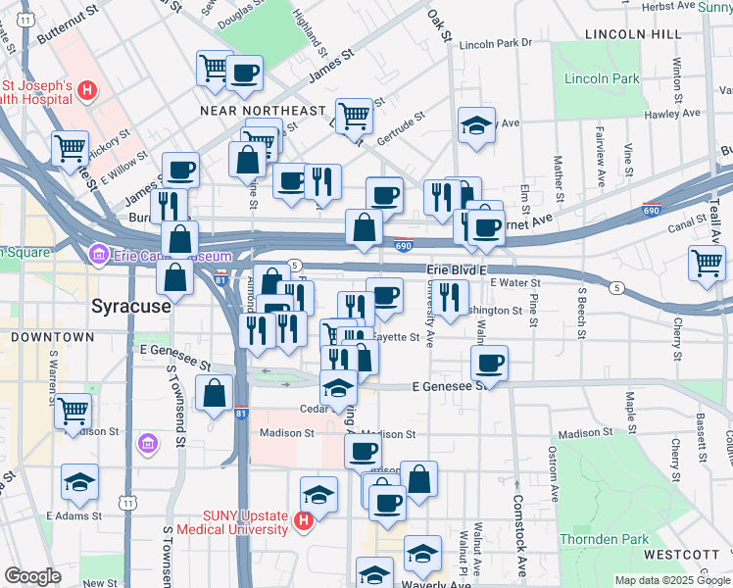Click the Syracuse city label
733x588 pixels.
(x=131, y=305)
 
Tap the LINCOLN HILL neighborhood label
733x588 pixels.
(x=632, y=33)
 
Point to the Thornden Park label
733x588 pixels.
(x=604, y=539)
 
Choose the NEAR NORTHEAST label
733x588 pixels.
(x=262, y=111)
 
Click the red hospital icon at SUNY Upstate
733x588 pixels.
(x=304, y=519)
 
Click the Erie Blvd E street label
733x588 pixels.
(x=457, y=269)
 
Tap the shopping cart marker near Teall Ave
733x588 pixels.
(x=707, y=264)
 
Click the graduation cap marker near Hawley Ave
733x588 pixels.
(x=476, y=125)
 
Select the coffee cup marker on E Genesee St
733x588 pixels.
(x=489, y=363)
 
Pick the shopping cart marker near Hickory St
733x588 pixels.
(x=71, y=149)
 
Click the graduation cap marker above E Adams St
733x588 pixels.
(x=79, y=482)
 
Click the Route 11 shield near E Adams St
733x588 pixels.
(x=127, y=503)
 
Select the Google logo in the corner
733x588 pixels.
(x=32, y=576)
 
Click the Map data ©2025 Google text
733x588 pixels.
(x=672, y=580)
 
